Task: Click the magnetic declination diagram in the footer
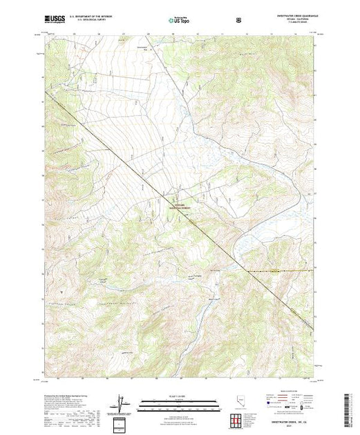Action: pyautogui.click(x=122, y=402)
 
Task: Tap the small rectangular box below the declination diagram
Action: pyautogui.click(x=122, y=422)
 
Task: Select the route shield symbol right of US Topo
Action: pyautogui.click(x=238, y=20)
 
